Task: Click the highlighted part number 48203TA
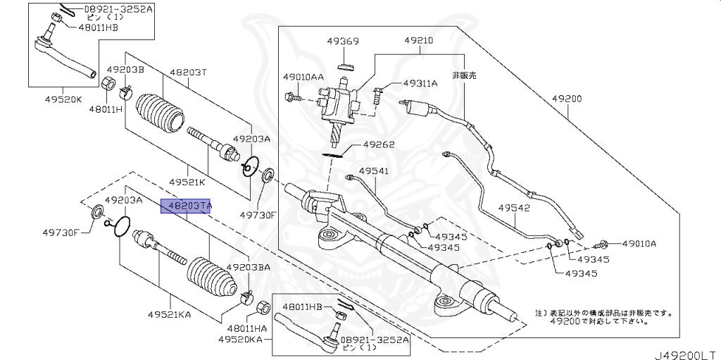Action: (187, 206)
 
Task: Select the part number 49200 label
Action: (566, 99)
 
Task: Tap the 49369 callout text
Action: (343, 42)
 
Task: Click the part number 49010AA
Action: (303, 76)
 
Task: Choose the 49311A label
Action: (420, 83)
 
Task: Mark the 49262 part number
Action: (379, 145)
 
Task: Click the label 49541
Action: (373, 170)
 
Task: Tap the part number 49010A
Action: (639, 244)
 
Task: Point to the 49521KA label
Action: (170, 314)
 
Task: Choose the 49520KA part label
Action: (239, 340)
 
